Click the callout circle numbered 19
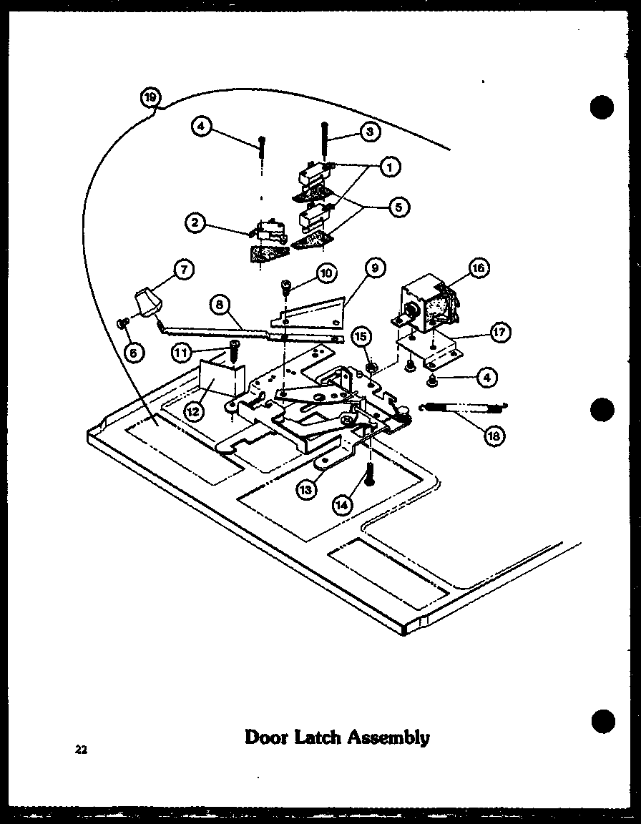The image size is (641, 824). [x=151, y=97]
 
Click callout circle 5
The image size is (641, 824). [x=398, y=207]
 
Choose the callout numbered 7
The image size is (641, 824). [x=185, y=270]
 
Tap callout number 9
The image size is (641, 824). [x=373, y=270]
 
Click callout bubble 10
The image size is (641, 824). [x=326, y=273]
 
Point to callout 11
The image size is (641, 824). [x=182, y=351]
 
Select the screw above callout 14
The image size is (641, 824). [x=370, y=475]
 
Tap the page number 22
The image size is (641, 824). [x=80, y=750]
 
